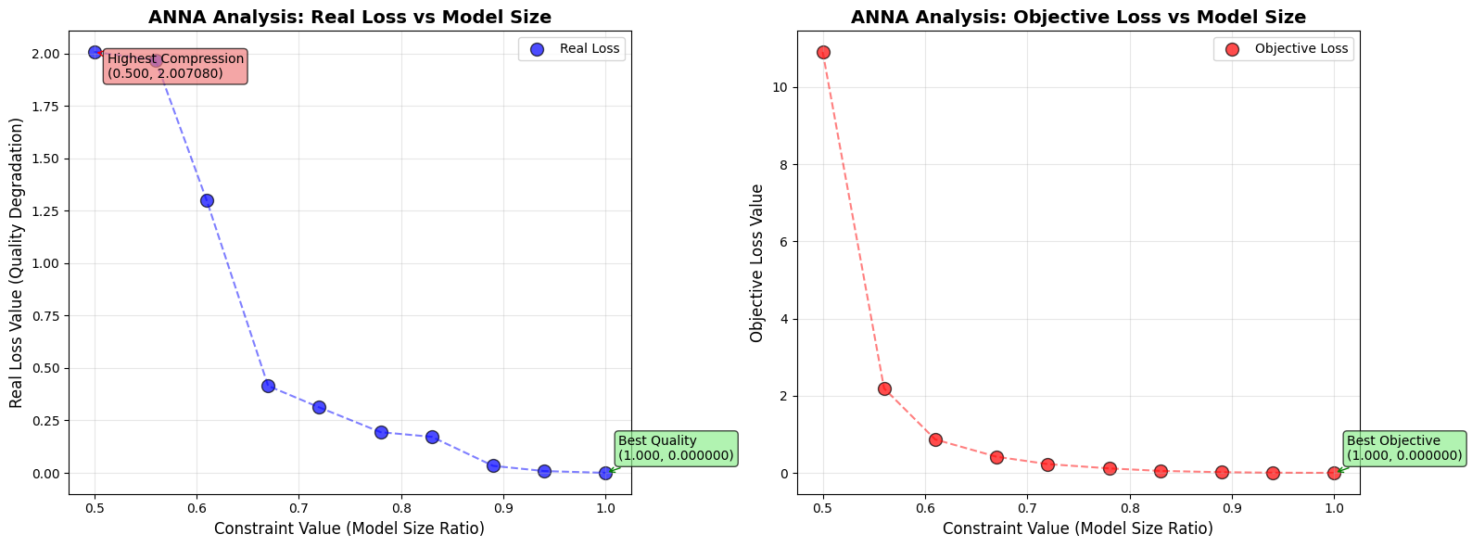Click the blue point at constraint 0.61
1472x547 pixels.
(207, 200)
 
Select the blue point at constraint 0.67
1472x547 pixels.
(268, 386)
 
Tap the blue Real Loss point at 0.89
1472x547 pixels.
(493, 465)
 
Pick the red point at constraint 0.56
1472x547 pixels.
(884, 388)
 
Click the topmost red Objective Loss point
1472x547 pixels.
(823, 52)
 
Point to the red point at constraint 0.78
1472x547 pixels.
(1110, 468)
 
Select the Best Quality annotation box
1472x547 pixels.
(676, 448)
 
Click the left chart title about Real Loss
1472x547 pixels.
(350, 17)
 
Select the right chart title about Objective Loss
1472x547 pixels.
(1078, 17)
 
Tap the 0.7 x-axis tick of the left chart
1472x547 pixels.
(298, 507)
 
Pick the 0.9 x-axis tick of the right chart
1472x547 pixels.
(1231, 507)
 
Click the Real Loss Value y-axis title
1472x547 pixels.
(17, 263)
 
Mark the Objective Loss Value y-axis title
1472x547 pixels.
(757, 263)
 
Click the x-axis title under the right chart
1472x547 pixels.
(1078, 528)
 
